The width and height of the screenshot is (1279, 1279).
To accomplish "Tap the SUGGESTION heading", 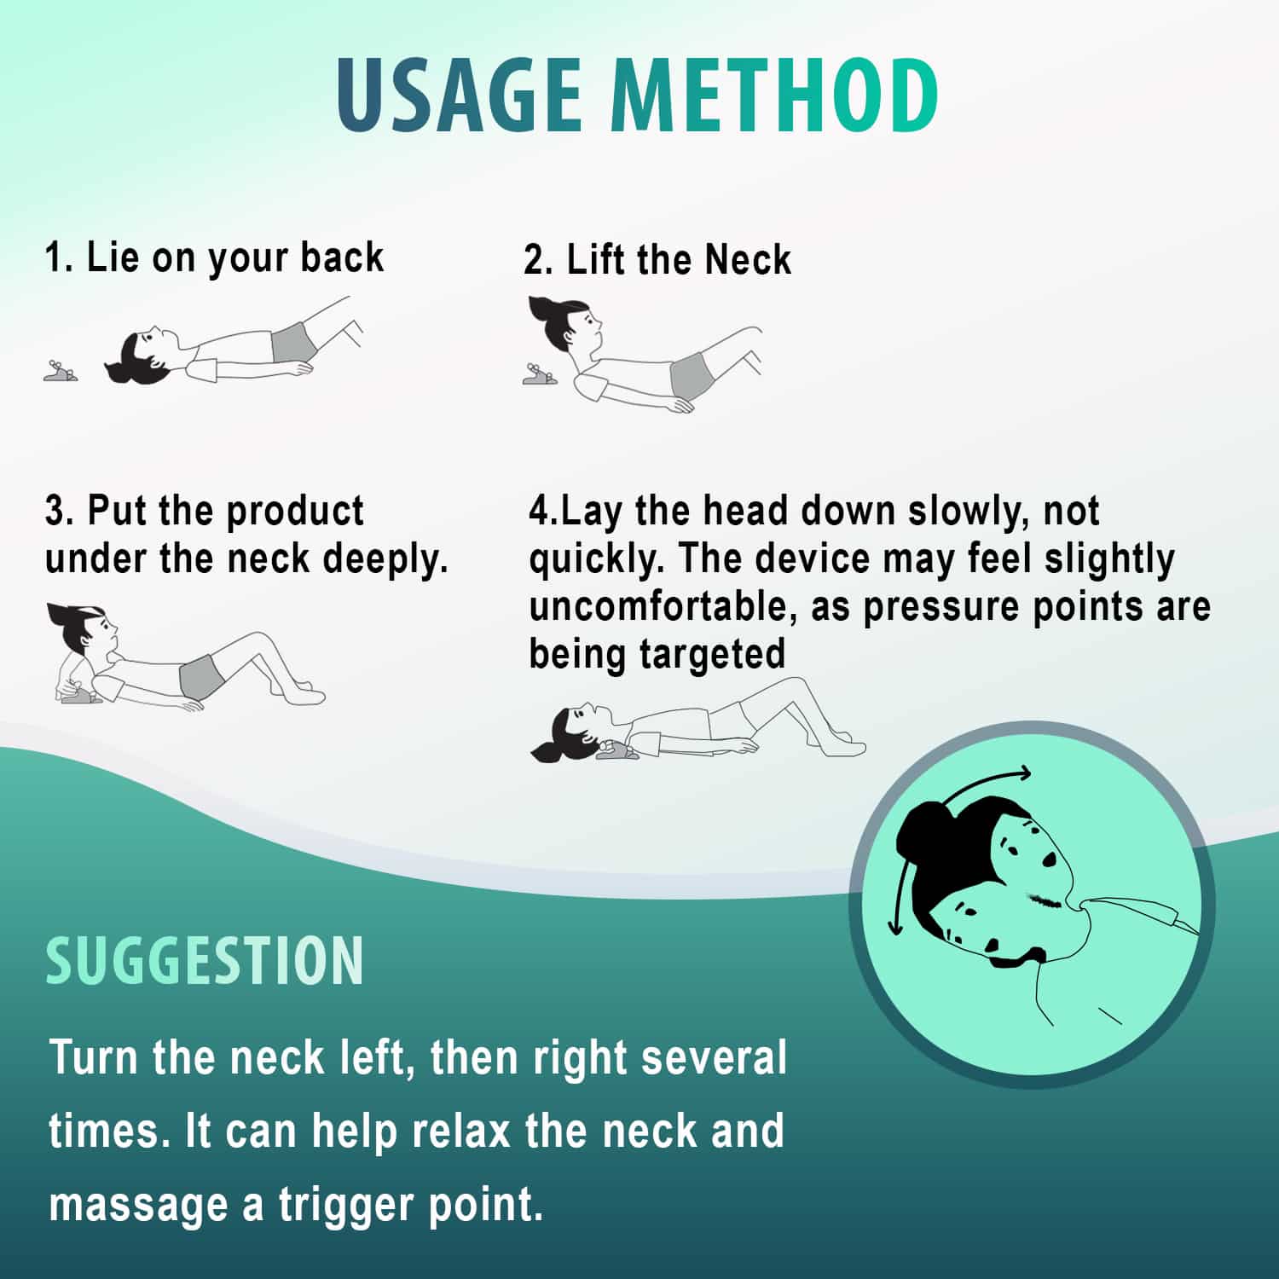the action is (x=205, y=961).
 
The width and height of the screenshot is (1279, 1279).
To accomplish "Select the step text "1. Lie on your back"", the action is (x=214, y=258).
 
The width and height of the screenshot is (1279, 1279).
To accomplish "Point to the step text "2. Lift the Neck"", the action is (x=657, y=259).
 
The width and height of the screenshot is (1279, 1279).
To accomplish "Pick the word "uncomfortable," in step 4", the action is (x=663, y=607).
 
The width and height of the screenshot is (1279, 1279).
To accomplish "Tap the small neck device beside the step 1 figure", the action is (x=61, y=371).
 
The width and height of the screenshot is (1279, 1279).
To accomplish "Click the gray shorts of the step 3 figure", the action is (x=202, y=677).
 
